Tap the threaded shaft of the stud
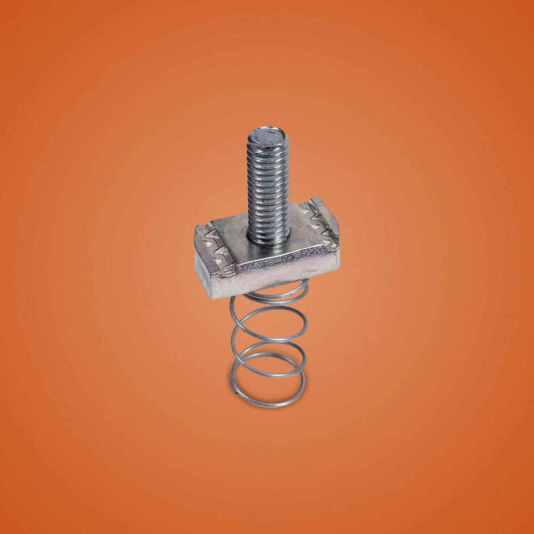click(x=268, y=182)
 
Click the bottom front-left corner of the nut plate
click(x=211, y=297)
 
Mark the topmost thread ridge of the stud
click(x=268, y=144)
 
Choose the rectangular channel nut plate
click(x=267, y=253)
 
